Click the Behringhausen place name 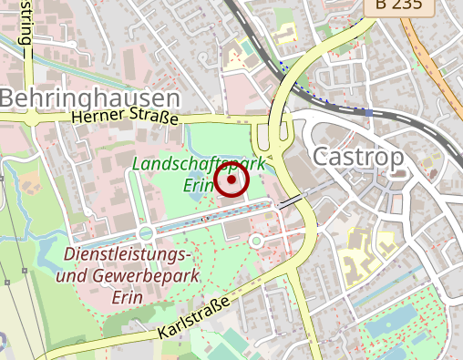click(x=89, y=98)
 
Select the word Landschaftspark click(x=199, y=164)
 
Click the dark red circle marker click(x=233, y=180)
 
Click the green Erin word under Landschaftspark click(x=199, y=185)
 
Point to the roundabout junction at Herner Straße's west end click(x=33, y=118)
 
